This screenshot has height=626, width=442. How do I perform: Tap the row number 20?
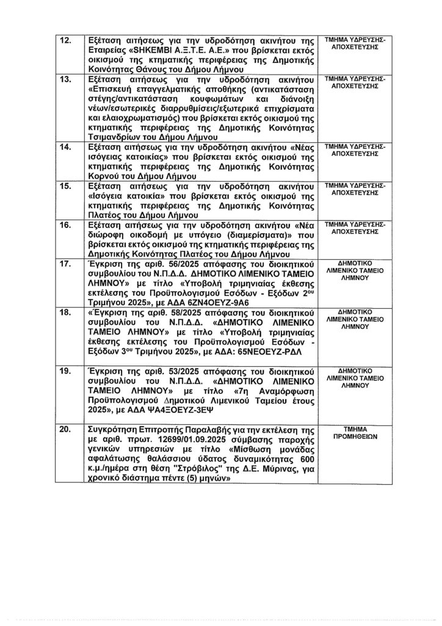[64, 430]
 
